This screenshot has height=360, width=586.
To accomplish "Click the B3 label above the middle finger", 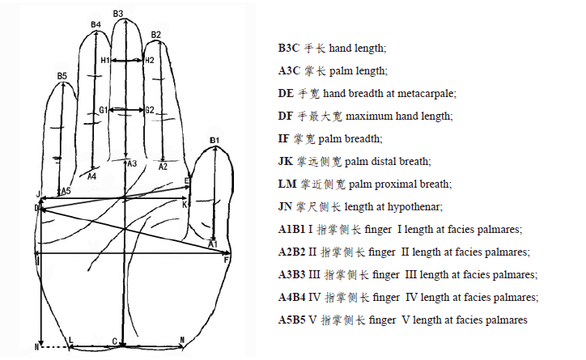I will coord(118,13).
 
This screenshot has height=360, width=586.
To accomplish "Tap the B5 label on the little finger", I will coord(62,76).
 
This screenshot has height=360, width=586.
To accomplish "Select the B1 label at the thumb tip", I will coord(214,141).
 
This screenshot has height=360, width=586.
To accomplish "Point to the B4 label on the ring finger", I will coord(96,25).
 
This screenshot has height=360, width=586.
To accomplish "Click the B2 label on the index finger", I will coord(156,35).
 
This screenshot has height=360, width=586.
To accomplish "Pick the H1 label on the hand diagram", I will coord(104,61).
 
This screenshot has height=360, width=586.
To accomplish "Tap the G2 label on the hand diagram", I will coord(150,109).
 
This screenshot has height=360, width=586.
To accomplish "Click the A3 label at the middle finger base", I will coord(132,164).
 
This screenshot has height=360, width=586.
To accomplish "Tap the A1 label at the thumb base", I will coord(213,243).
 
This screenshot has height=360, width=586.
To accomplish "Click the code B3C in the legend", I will coord(289,48).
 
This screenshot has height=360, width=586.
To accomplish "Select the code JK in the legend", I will coord(285,161).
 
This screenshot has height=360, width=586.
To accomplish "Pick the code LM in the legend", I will coord(286,184).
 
